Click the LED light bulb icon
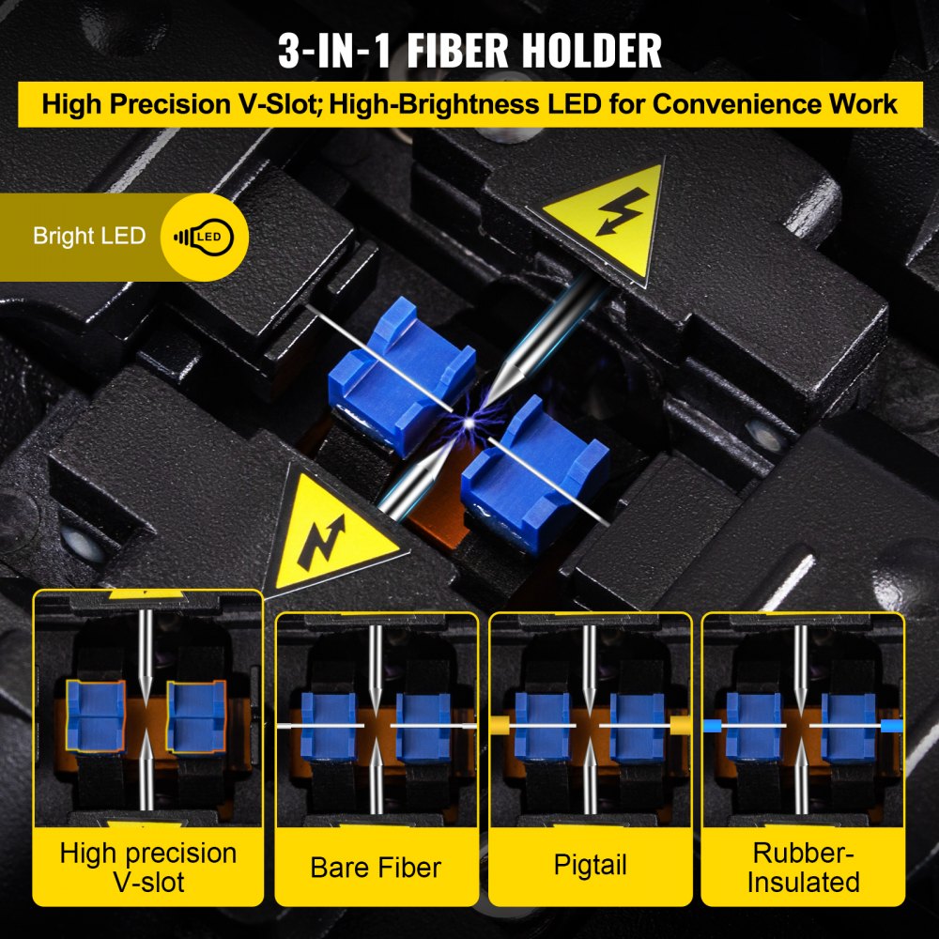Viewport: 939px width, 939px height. click(204, 236)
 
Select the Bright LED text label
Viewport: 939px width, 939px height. click(89, 236)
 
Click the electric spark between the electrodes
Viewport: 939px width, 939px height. click(467, 424)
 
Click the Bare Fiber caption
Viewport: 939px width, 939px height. click(376, 867)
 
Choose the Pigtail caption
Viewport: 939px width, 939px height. click(591, 865)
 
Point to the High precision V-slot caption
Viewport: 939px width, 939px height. click(147, 867)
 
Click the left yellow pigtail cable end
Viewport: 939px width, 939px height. click(499, 726)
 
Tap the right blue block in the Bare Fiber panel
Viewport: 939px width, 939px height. click(423, 726)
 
